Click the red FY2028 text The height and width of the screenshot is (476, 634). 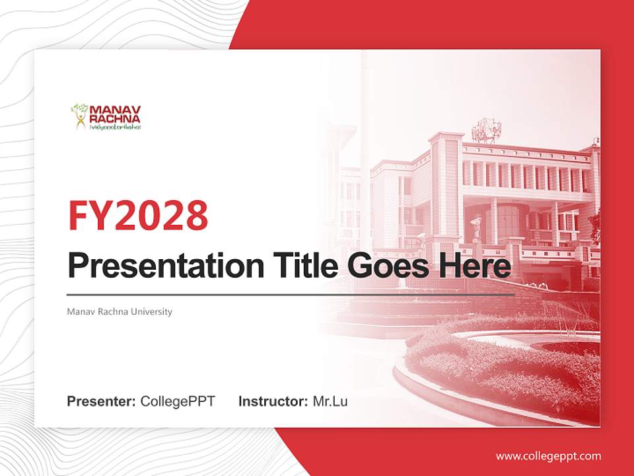pos(138,216)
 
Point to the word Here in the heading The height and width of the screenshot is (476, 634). pos(474,266)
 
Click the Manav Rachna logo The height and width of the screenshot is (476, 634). pos(106,116)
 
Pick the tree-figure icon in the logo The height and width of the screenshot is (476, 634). pos(79,116)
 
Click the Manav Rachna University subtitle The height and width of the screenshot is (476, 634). pos(120,311)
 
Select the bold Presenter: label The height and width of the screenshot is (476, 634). pos(102,401)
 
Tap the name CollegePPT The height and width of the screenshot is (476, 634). pos(178,401)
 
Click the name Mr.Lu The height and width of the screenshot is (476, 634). pos(330,401)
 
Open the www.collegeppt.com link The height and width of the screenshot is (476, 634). pos(548,456)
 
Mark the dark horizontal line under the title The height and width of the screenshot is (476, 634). pos(291,294)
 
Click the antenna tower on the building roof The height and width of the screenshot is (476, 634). pos(487,131)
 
